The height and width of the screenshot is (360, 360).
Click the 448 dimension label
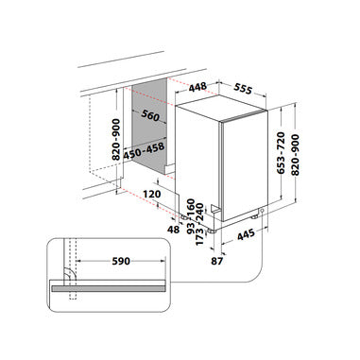tap(197, 87)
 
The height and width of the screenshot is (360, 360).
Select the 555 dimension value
tap(243, 89)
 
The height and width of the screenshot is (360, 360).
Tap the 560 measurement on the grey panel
tap(150, 115)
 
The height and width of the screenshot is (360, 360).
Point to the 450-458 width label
tap(144, 151)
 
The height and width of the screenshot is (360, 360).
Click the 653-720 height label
tap(281, 153)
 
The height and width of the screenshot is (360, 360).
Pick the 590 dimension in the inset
tap(121, 261)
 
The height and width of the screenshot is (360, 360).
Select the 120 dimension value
tap(152, 194)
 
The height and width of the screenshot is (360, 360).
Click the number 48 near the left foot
tap(173, 230)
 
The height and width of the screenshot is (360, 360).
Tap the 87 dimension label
tap(217, 261)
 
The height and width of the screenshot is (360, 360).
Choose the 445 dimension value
tap(246, 234)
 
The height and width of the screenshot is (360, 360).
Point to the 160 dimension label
tap(191, 206)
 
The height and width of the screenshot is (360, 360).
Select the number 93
tap(191, 228)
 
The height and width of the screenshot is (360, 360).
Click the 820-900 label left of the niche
tap(116, 139)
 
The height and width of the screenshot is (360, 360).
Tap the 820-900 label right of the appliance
tap(295, 155)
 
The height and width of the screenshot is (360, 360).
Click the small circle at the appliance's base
tap(262, 211)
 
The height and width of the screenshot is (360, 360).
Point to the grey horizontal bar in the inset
tap(109, 288)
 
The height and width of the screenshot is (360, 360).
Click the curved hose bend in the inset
tap(70, 273)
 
